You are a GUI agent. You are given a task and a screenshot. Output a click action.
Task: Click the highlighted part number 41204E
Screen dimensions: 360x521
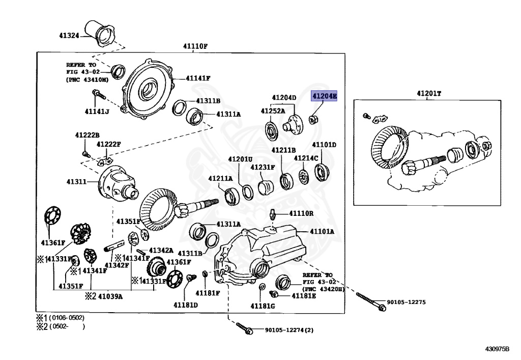tap(324, 96)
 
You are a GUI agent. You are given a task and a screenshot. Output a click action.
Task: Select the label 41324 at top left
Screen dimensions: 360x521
tap(69, 36)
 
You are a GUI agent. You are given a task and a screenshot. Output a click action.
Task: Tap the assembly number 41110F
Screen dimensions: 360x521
tap(196, 46)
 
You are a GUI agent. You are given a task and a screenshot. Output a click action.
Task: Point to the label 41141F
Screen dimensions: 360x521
tap(198, 78)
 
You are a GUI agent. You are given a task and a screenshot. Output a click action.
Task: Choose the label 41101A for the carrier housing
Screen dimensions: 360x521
tap(323, 232)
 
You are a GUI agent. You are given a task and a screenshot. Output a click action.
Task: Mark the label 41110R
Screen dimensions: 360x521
tap(302, 213)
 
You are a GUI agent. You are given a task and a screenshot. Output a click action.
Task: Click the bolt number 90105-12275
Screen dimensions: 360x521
tap(406, 302)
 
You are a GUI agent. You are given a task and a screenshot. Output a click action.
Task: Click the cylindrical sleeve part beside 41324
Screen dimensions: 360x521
tap(101, 33)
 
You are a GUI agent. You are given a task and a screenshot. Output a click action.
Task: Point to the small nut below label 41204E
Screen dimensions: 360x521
tap(313, 120)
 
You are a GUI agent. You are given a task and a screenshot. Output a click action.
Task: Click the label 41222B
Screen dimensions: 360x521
tap(87, 135)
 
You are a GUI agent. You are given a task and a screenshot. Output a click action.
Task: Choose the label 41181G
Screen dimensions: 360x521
tap(263, 306)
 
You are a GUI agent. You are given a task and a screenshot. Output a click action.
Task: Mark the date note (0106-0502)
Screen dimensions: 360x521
tap(67, 318)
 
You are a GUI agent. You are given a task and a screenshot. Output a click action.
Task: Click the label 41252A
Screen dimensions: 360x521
tap(273, 110)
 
